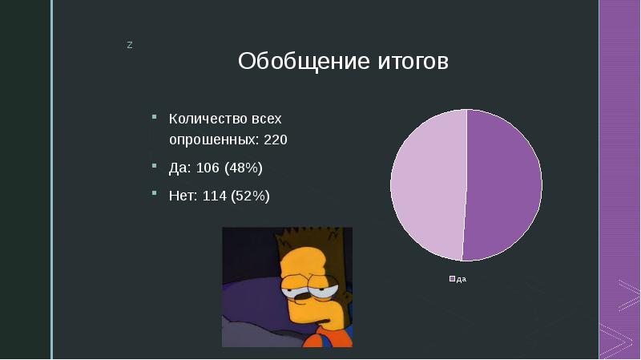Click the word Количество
202,119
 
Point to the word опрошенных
212,140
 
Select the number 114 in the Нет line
214,195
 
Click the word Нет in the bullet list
180,195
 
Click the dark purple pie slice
505,184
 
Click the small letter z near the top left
129,44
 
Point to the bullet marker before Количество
153,117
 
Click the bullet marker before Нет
153,193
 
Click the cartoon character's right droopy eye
325,289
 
